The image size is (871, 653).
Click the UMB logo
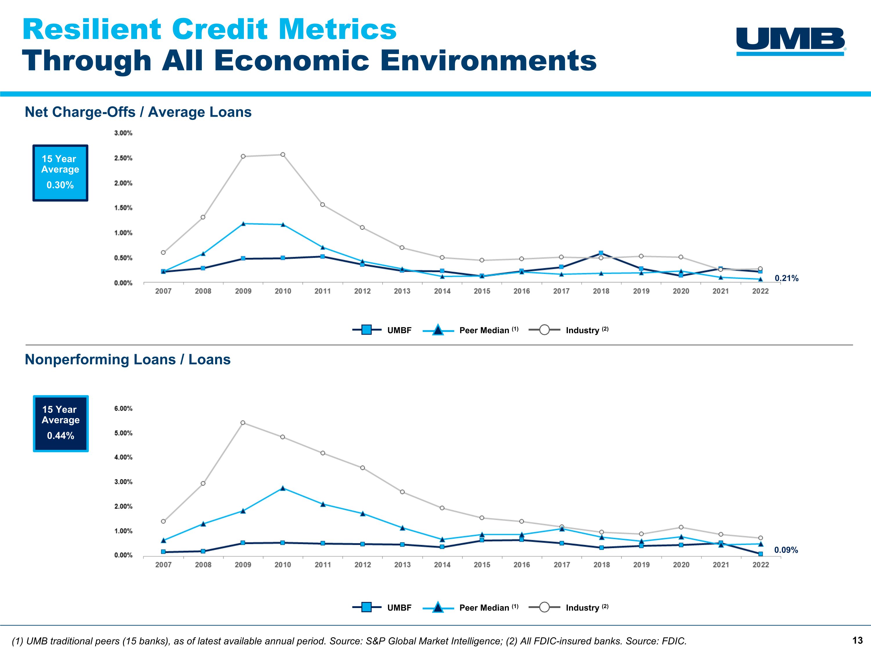pyautogui.click(x=790, y=41)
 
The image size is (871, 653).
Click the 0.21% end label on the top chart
pyautogui.click(x=786, y=278)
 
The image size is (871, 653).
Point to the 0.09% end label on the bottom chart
pyautogui.click(x=786, y=550)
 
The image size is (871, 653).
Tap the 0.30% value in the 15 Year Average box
pyautogui.click(x=60, y=185)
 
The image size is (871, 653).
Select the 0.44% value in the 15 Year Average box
pyautogui.click(x=61, y=436)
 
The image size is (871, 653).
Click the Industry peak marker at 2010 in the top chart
pyautogui.click(x=283, y=155)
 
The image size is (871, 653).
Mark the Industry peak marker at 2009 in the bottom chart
pyautogui.click(x=243, y=423)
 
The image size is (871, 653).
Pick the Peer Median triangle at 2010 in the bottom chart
pyautogui.click(x=283, y=488)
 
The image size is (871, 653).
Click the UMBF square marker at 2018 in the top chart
pyautogui.click(x=601, y=253)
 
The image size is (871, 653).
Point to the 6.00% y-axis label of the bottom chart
pyautogui.click(x=123, y=409)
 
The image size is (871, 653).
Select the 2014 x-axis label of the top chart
pyautogui.click(x=442, y=291)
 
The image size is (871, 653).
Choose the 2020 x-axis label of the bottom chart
pyautogui.click(x=681, y=565)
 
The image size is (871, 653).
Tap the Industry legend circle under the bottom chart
pyautogui.click(x=544, y=607)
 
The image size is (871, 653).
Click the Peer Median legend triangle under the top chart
pyautogui.click(x=438, y=330)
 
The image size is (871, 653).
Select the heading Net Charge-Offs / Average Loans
pyautogui.click(x=138, y=112)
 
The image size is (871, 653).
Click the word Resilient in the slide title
pyautogui.click(x=92, y=30)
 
